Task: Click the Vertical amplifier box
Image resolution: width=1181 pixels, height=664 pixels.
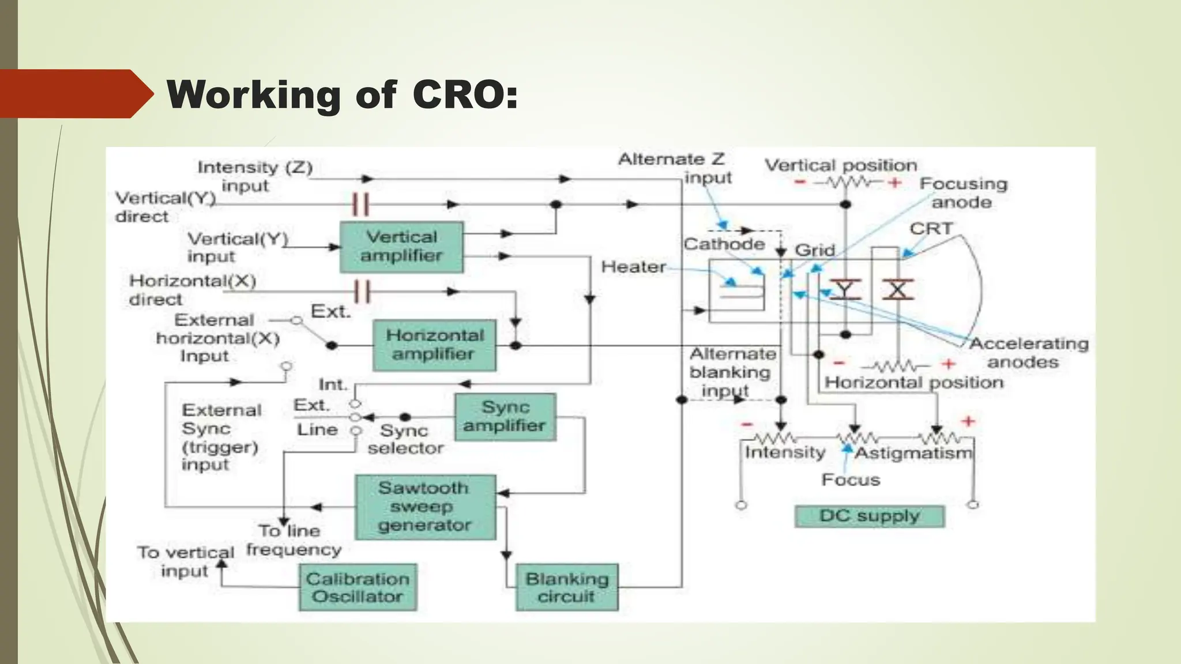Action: coord(401,247)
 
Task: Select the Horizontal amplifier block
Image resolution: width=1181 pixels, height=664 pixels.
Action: coord(434,345)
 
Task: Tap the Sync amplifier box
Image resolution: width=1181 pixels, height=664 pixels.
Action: coord(505,416)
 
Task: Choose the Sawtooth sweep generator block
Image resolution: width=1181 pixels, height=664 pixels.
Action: coord(425,507)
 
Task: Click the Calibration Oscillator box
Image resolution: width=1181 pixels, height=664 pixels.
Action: coord(358,587)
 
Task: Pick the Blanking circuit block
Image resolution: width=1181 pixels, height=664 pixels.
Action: coord(566,587)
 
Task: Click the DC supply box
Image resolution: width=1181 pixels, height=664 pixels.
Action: coord(869,516)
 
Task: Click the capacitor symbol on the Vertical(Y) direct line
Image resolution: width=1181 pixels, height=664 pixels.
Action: coord(360,204)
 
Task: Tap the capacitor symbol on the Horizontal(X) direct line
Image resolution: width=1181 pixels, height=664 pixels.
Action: coord(362,291)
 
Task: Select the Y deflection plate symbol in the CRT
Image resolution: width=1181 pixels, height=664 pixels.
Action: coord(845,289)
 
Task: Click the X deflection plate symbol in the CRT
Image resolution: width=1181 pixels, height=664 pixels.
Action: coord(898,289)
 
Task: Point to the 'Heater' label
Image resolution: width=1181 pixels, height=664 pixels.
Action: coord(633,267)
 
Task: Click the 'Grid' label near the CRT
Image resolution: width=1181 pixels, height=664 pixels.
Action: coord(815,250)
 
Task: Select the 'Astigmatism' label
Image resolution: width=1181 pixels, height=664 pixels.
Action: coord(913,454)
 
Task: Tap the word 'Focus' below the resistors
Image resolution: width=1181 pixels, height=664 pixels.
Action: coord(851,480)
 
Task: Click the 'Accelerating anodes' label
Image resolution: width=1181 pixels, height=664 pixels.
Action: coord(1028,353)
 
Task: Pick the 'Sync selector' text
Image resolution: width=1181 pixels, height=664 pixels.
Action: coord(405,439)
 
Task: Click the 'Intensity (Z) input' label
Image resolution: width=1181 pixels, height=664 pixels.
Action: coord(254,176)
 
